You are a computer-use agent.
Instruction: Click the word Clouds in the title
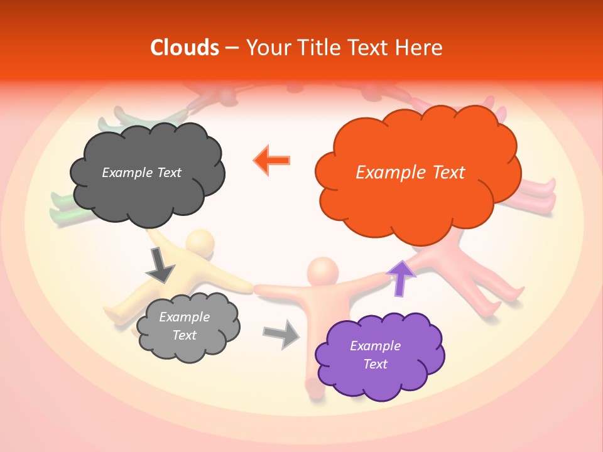(184, 48)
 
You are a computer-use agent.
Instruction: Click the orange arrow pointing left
(272, 161)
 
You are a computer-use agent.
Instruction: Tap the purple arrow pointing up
(401, 278)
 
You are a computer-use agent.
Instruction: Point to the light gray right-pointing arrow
(281, 333)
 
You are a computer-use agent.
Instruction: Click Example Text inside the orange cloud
(410, 173)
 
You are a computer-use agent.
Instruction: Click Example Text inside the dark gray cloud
(141, 173)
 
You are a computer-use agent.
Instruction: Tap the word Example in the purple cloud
(375, 346)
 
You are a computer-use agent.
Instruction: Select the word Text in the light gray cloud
(185, 335)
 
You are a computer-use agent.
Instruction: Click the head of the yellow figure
(200, 242)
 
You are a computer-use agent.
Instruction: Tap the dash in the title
(231, 48)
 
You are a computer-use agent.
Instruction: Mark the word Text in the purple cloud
(376, 364)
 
